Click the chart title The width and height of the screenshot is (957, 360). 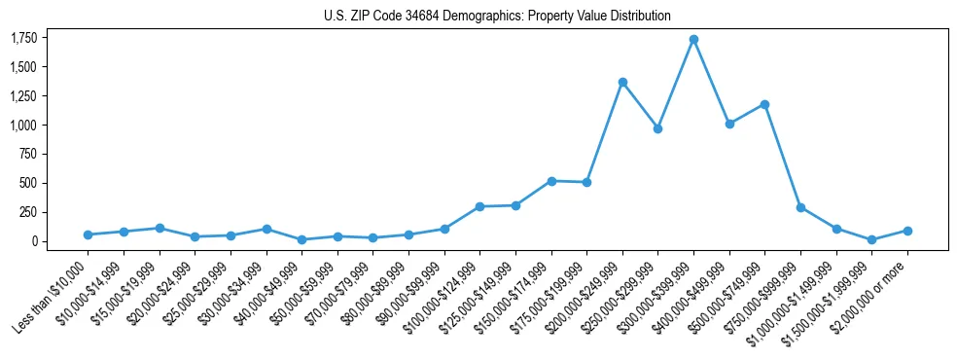coord(497,16)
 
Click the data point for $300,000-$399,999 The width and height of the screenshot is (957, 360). coord(693,40)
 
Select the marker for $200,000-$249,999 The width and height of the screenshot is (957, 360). coord(622,82)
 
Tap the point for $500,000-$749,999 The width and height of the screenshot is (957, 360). coord(764,104)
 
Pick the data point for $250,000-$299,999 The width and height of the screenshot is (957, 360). coord(657,128)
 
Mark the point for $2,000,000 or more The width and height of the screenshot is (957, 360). coord(907,231)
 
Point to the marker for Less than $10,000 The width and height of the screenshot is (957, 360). coord(88,234)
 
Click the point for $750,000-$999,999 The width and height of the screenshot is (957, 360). coord(800,207)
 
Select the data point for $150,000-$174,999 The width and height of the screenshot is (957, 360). coord(551,181)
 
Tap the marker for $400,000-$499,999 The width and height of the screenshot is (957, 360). coord(729,124)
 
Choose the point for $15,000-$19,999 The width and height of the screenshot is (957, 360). coord(159,228)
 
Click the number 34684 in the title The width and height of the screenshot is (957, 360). coord(429,16)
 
